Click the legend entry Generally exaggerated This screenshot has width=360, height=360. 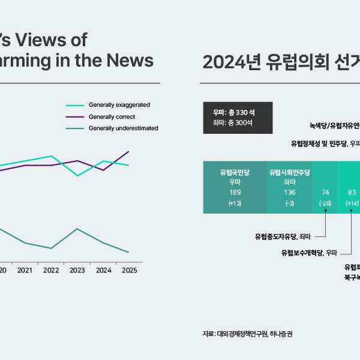(119, 105)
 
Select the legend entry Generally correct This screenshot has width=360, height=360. (112, 116)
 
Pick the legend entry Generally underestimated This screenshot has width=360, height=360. (123, 128)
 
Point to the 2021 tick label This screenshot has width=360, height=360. (25, 271)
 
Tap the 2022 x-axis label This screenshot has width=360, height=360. (51, 271)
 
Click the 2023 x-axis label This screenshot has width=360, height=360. (77, 271)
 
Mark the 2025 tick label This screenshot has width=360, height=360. (129, 271)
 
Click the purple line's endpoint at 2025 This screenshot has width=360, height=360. (129, 151)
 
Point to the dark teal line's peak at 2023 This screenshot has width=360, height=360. (77, 229)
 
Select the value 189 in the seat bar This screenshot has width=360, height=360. (235, 193)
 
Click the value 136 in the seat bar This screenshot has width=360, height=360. (289, 193)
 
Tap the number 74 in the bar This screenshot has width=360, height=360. (326, 193)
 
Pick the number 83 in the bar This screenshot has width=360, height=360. (352, 193)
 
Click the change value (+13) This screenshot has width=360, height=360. (235, 203)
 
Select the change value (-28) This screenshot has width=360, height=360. (326, 203)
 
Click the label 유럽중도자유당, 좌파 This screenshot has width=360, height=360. (284, 236)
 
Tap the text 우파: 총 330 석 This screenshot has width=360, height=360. (234, 112)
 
